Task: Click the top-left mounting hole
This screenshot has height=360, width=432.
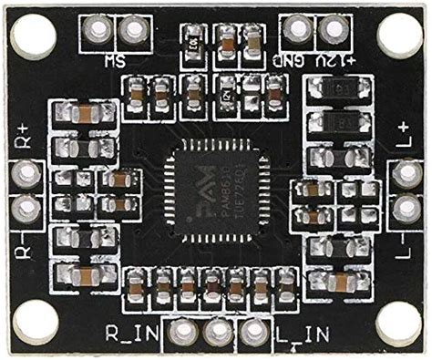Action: pyautogui.click(x=35, y=36)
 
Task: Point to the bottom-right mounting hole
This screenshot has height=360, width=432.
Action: pyautogui.click(x=398, y=323)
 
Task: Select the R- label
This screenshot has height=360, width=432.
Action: pyautogui.click(x=25, y=244)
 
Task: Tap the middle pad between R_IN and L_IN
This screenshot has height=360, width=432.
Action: pyautogui.click(x=216, y=331)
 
